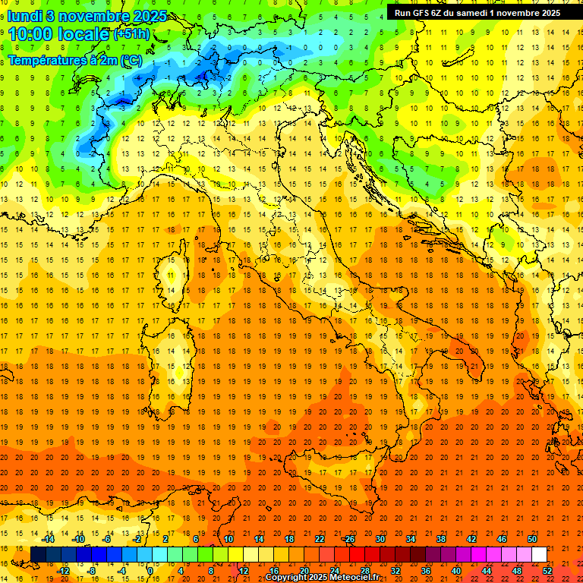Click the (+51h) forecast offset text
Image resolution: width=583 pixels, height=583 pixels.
click(131, 34)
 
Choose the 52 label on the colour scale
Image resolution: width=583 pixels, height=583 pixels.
click(547, 571)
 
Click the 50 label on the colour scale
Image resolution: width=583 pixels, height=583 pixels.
click(532, 539)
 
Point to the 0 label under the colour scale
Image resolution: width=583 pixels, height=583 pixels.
click(150, 571)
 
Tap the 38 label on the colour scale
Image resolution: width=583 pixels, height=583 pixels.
click(441, 539)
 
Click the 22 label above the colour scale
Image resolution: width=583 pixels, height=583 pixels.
click(320, 539)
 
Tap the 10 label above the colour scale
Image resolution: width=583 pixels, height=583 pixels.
click(228, 539)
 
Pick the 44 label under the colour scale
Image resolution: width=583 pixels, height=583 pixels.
click(487, 571)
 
